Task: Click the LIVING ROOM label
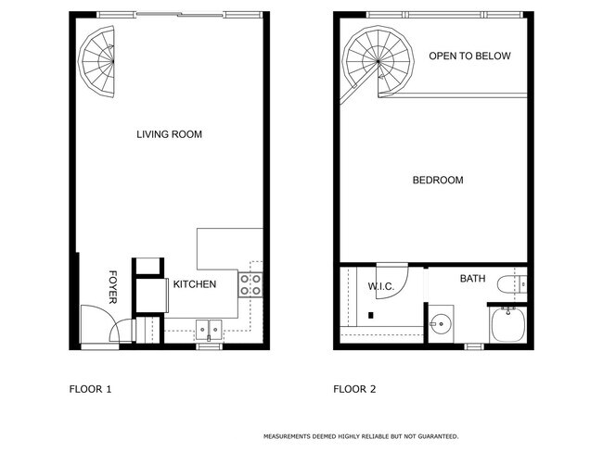[x=169, y=135]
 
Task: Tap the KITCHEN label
[x=195, y=284]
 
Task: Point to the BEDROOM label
[x=437, y=180]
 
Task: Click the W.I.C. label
[x=381, y=287]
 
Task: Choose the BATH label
[x=472, y=278]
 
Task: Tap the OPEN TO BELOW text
[x=469, y=56]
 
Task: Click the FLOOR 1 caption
[x=90, y=390]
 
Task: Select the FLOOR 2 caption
[x=354, y=390]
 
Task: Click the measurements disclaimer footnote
[x=361, y=435]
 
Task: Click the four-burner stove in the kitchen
[x=250, y=284]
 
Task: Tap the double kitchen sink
[x=207, y=329]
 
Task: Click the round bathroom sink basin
[x=441, y=325]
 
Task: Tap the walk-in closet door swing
[x=391, y=273]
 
